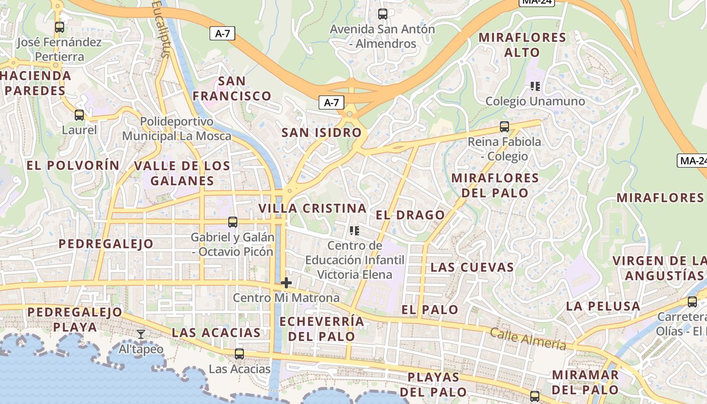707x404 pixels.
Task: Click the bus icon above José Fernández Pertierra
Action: pos(60,27)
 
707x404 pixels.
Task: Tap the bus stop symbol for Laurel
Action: pos(79,115)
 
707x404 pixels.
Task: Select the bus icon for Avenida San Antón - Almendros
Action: pos(383,14)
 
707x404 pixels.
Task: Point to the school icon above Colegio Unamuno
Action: pos(535,86)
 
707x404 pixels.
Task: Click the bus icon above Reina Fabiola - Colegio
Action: pos(504,127)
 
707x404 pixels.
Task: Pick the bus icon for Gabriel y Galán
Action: pos(233,222)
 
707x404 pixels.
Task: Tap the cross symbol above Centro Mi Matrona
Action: pos(286,283)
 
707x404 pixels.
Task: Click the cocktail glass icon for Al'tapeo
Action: pos(141,334)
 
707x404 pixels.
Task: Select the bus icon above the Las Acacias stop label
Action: pos(239,354)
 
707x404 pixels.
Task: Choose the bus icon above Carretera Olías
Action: pos(692,302)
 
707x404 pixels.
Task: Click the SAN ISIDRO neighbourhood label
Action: pos(322,133)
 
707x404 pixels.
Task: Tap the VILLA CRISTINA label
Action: pos(313,208)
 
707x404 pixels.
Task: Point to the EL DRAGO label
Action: pos(410,215)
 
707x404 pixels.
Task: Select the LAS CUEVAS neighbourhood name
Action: pos(472,267)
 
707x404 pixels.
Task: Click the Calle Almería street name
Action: pos(528,340)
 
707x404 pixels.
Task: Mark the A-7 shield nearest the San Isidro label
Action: pos(331,103)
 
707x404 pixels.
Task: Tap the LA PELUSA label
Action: pos(603,306)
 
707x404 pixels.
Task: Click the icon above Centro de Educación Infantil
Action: pos(355,231)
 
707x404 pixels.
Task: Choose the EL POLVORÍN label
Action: pos(73,165)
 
